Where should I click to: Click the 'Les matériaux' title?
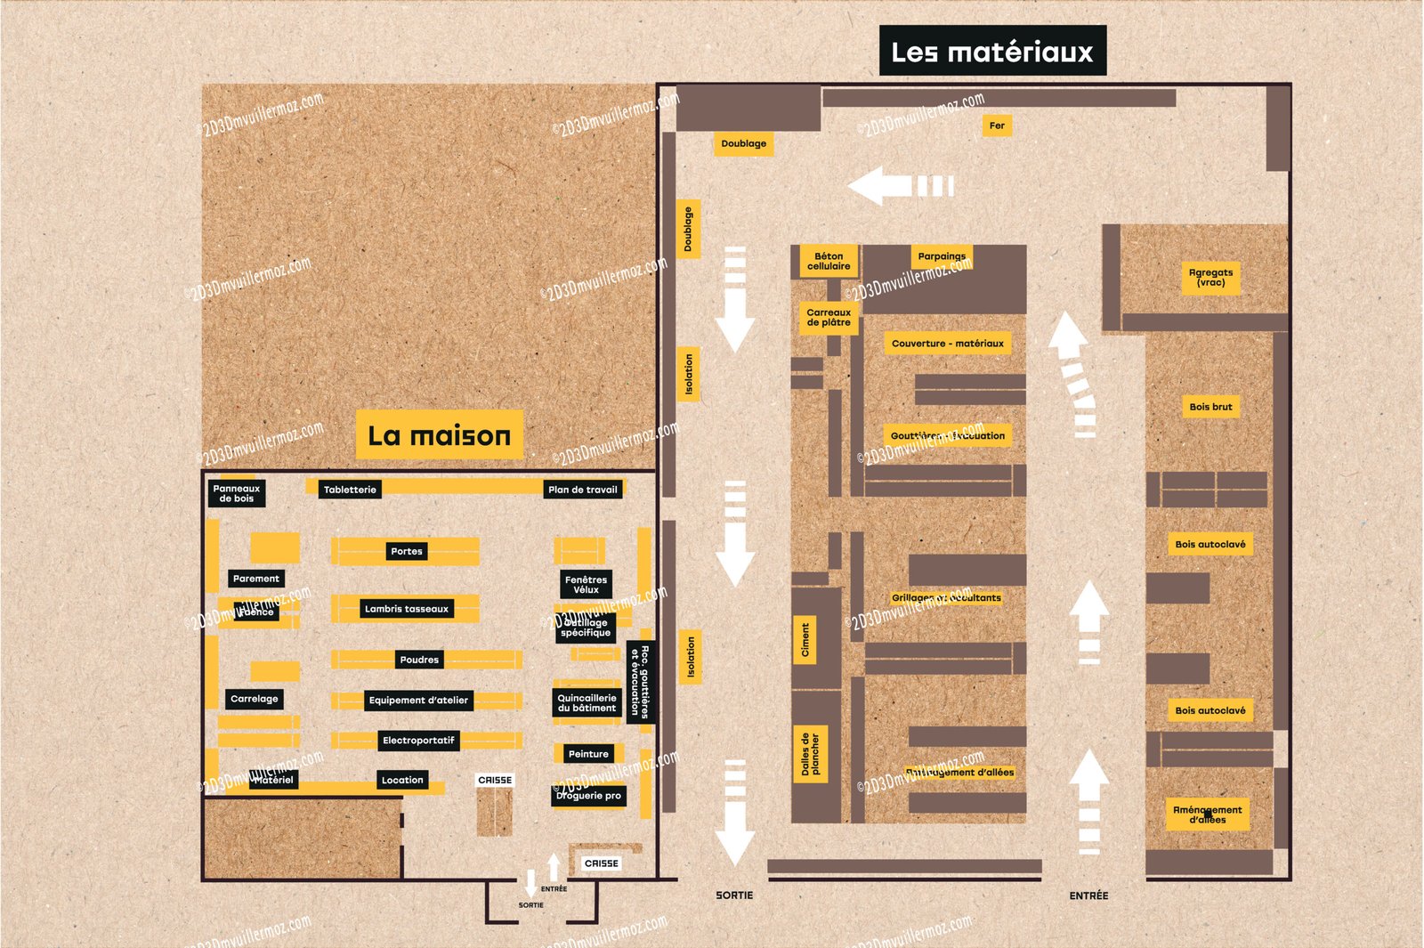point(992,52)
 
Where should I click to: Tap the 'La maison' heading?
point(439,435)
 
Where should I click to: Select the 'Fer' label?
point(997,126)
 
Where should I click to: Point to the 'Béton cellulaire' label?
point(829,261)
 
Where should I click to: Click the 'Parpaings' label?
point(942,256)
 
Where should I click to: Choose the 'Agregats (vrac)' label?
point(1210,278)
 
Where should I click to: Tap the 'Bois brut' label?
point(1210,407)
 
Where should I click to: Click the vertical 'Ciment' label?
point(805,640)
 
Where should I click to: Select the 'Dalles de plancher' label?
point(810,754)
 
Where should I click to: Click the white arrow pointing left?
point(899,186)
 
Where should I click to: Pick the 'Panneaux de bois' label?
point(237,493)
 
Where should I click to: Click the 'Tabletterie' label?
point(350,490)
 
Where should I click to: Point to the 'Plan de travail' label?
point(583,490)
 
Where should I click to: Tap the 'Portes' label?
point(407,551)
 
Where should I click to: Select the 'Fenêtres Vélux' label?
point(586,584)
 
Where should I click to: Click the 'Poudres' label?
point(419,660)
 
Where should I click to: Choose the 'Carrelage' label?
point(255,699)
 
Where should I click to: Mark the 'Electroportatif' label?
point(418,741)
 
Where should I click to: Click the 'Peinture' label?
point(588,754)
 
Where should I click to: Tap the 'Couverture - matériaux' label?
point(947,344)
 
